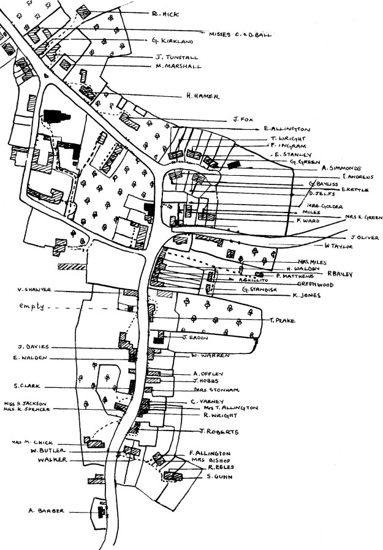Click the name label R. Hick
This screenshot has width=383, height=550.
click(x=165, y=12)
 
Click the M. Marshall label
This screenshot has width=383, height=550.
click(x=179, y=66)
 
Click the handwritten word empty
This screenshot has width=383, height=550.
click(x=32, y=306)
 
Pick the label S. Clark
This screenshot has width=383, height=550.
click(x=28, y=386)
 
